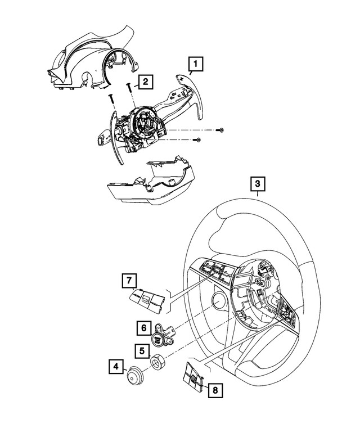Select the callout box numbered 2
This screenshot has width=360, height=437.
[x=145, y=83]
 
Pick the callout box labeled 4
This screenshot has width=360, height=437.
[x=116, y=368]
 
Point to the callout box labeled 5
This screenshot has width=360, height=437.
[x=137, y=350]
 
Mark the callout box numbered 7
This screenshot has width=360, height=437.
[x=128, y=280]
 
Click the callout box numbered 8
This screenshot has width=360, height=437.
[x=214, y=389]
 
